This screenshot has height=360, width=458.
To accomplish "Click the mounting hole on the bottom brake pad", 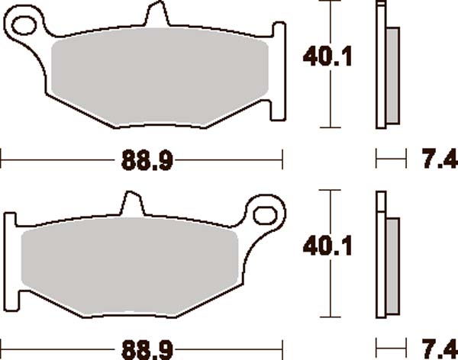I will (264, 213).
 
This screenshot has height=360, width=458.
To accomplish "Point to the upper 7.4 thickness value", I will (437, 159).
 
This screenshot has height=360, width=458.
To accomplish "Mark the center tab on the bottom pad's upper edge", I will (131, 204).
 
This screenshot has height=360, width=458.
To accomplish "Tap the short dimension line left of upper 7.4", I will (390, 159).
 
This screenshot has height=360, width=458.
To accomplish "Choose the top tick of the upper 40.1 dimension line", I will (330, 3).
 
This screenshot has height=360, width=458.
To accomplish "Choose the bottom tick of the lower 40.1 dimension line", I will (330, 316).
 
